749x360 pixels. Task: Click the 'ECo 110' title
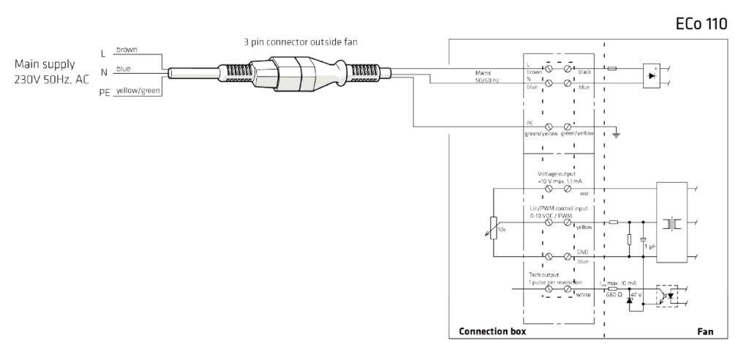point(701,24)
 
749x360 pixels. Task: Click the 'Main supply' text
point(44,64)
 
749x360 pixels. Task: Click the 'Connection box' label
point(492,331)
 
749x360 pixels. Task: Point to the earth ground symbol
point(616,133)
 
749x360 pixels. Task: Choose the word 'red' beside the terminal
point(584,194)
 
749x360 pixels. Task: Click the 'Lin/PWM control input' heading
point(557,209)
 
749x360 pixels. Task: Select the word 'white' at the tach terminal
point(583,295)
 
